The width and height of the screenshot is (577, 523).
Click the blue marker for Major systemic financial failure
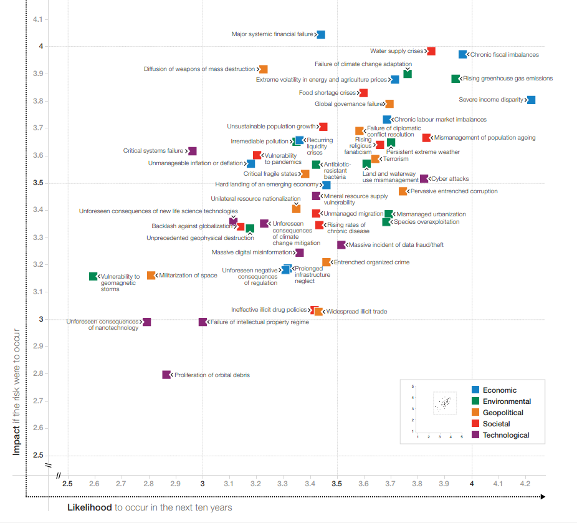[x=321, y=35]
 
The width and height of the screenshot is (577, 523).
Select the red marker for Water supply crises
[x=431, y=51]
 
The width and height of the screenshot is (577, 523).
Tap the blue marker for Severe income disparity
[x=531, y=100]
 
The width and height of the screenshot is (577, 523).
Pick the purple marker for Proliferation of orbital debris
[x=166, y=375]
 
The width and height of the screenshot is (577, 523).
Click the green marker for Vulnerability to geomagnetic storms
[x=93, y=276]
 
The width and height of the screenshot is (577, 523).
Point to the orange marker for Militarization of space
[x=151, y=276]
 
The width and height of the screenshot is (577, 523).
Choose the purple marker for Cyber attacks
[x=424, y=178]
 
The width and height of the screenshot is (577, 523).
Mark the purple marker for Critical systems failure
[x=192, y=151]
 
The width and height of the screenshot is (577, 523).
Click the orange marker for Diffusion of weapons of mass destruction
[x=263, y=69]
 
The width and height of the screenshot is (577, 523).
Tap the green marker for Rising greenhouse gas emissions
[x=455, y=79]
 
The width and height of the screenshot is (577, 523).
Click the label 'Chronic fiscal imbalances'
[x=505, y=55]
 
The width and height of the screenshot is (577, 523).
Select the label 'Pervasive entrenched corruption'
[x=454, y=191]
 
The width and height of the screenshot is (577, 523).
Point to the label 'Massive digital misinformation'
[x=252, y=252]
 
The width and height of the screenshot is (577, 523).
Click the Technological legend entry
[x=500, y=435]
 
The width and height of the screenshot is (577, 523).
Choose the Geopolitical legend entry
[x=497, y=413]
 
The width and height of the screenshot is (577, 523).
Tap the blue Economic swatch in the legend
[x=475, y=390]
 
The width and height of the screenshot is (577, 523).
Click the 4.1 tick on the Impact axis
[x=37, y=19]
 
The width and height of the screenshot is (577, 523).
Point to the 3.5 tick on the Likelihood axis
[x=336, y=484]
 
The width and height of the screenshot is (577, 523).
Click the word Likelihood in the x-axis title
[x=90, y=507]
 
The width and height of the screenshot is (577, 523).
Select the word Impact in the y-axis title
[x=16, y=440]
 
